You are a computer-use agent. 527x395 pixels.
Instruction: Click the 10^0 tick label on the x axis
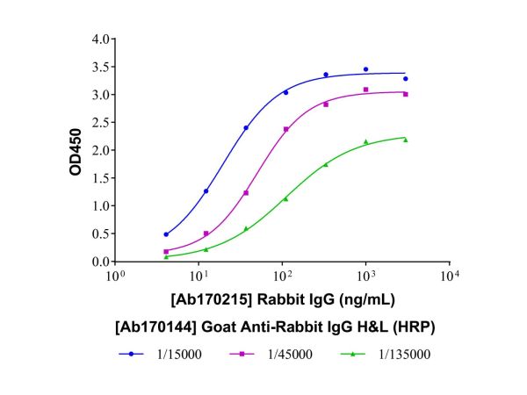click(113, 276)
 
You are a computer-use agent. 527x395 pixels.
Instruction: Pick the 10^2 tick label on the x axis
click(281, 276)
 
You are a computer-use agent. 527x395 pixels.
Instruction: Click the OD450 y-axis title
click(78, 151)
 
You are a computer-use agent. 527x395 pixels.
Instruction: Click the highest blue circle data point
click(365, 69)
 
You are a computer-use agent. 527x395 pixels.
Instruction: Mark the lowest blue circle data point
click(166, 234)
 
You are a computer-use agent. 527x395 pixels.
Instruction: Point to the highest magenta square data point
click(365, 90)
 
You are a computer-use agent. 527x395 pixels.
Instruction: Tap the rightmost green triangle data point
click(405, 140)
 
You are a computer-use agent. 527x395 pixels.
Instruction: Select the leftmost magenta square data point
click(166, 252)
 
